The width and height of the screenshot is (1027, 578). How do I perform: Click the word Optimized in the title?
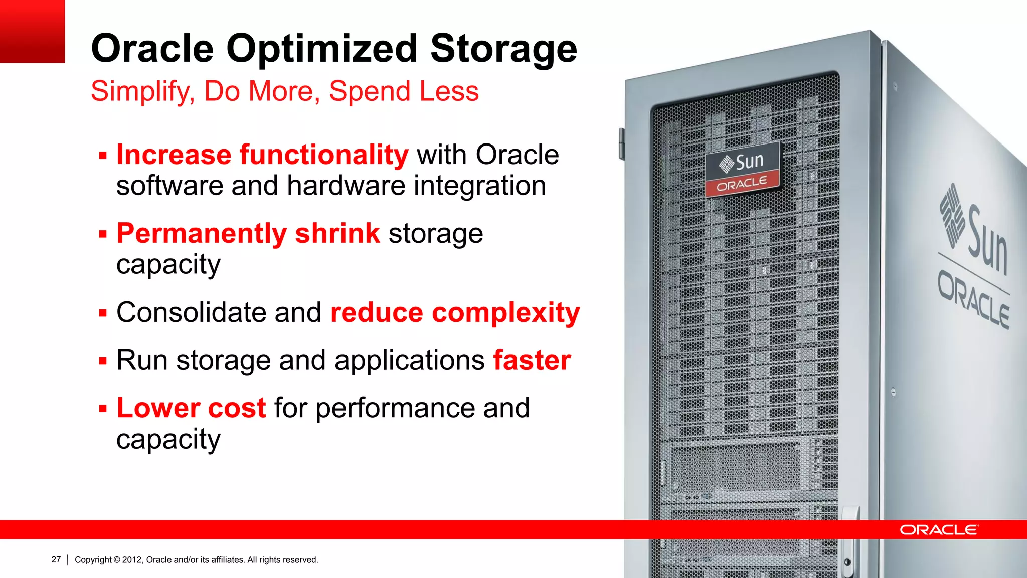321,49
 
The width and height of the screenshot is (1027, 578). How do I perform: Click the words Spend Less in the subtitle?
404,91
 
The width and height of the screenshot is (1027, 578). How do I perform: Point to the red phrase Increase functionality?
262,155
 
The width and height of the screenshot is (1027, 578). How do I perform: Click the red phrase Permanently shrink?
248,233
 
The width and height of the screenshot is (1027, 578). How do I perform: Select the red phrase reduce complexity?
455,313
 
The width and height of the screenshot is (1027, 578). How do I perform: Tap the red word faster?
532,360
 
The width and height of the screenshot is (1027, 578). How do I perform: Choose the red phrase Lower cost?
191,408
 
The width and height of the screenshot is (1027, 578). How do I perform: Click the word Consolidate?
191,312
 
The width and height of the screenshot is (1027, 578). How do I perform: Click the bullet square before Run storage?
103,361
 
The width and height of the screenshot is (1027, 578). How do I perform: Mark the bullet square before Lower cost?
103,408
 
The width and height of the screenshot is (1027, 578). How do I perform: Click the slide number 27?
56,559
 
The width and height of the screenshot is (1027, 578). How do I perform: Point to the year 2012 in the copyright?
132,560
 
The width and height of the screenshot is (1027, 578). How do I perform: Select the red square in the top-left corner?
32,31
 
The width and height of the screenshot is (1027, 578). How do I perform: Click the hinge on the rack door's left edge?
622,144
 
